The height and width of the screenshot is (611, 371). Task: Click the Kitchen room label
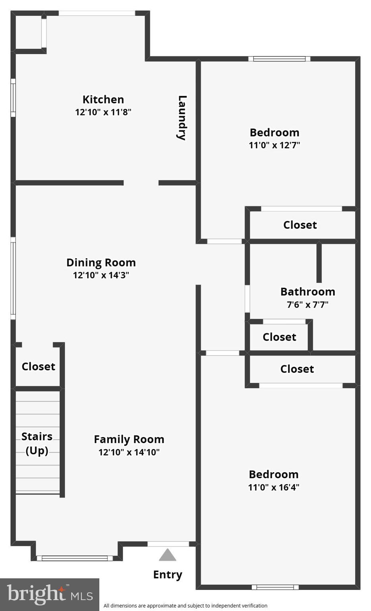coord(103,99)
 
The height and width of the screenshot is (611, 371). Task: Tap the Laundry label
coord(182,118)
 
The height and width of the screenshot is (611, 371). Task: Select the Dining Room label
coord(101,263)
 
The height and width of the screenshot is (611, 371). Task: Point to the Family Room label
coord(129,439)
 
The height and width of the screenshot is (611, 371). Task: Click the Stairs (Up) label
coord(37,443)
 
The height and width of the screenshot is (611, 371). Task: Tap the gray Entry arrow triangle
coord(168,555)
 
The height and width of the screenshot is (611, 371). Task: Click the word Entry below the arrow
coord(168,575)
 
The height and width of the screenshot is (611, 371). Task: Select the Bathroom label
coord(307,292)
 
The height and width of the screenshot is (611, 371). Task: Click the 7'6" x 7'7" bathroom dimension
coord(307,305)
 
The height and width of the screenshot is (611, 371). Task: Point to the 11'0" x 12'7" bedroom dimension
coord(274,145)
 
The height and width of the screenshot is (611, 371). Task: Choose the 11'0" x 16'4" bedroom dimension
coord(273,487)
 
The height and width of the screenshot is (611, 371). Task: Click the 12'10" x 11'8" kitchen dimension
coord(103,112)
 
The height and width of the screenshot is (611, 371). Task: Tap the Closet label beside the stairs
coord(38,366)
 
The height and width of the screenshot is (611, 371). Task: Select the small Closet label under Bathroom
coord(279,337)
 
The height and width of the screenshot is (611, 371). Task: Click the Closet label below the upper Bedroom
coord(300,225)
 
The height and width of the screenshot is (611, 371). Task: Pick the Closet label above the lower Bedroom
coord(297,369)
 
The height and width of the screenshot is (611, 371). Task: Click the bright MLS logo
coord(50,594)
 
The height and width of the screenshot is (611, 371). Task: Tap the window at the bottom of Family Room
coord(75,558)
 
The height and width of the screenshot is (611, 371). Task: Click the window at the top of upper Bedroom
coord(279,59)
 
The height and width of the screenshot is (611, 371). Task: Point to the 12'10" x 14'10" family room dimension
coord(129,452)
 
